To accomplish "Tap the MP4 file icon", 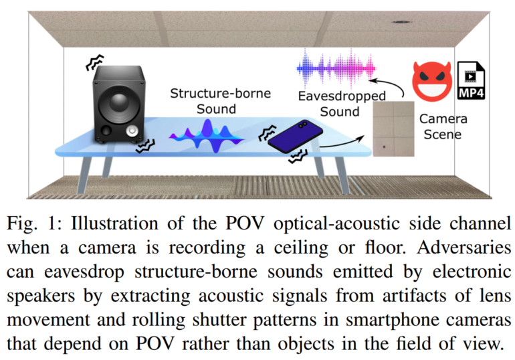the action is (472, 80).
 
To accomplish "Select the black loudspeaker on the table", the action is (118, 104).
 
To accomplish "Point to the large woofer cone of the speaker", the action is (118, 103).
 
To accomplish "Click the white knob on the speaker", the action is (132, 131).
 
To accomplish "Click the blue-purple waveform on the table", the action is (207, 137).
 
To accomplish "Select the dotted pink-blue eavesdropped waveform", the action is (336, 69).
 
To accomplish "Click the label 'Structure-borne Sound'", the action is (220, 101).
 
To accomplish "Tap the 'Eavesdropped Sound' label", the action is (341, 104).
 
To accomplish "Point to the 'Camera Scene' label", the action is (443, 126).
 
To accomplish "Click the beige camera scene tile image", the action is (393, 128).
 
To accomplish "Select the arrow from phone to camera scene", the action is (342, 142).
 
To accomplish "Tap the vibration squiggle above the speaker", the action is (95, 62).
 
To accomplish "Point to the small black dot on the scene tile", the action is (385, 147).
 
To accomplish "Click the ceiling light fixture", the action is (401, 22).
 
